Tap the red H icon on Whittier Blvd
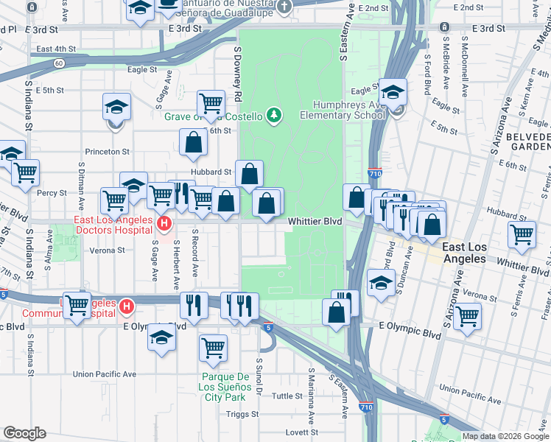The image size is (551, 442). (x=165, y=222)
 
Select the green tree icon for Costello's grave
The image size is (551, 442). (x=274, y=115)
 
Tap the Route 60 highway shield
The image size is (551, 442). (x=58, y=63)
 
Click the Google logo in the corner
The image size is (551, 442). (x=24, y=433)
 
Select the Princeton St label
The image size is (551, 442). (x=107, y=151)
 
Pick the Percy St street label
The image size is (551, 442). (x=52, y=193)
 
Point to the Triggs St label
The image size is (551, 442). (x=242, y=414)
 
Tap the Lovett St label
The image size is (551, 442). (x=302, y=432)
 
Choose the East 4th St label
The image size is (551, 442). (x=56, y=49)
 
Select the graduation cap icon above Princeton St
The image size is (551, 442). (x=116, y=108)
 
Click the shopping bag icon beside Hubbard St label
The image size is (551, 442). (x=250, y=174)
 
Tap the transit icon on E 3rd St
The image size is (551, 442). (x=444, y=27)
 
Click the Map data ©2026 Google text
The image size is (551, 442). (x=505, y=436)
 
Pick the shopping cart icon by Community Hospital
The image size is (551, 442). (x=77, y=304)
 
